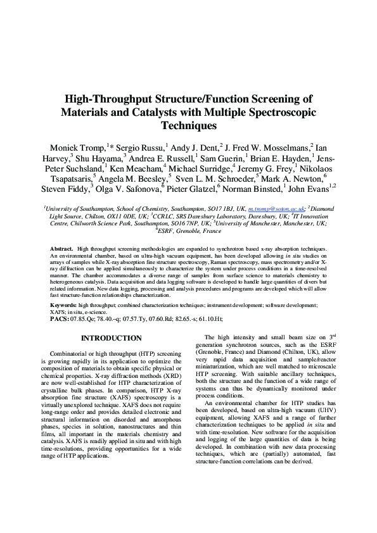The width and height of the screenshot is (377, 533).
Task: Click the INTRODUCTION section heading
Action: pyautogui.click(x=111, y=339)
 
